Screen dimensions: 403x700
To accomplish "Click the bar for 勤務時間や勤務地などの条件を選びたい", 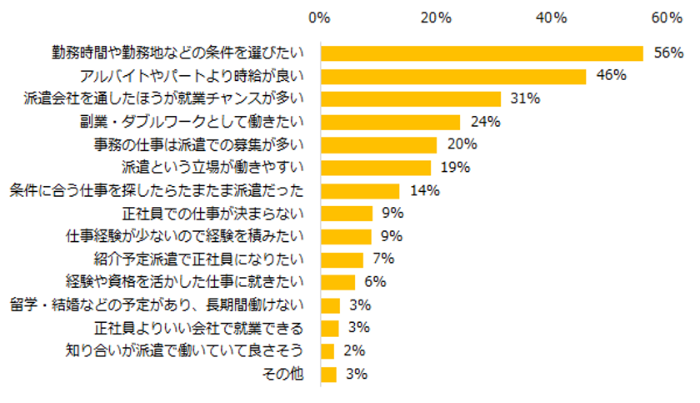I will (482, 53).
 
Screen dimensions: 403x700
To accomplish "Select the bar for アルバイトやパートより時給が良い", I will (452, 76).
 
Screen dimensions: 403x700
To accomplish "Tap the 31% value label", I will (525, 98).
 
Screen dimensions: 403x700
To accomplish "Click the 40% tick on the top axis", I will (552, 18).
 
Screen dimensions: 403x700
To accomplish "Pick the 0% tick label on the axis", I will (319, 18).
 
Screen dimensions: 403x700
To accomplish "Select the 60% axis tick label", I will (667, 18).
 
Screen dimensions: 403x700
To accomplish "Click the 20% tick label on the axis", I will (436, 18).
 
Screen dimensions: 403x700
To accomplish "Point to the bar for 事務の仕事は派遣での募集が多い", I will (378, 144).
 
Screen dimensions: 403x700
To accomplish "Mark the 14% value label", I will (425, 190).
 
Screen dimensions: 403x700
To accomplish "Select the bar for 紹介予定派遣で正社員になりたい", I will (342, 259).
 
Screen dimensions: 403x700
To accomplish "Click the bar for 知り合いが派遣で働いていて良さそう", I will (327, 350).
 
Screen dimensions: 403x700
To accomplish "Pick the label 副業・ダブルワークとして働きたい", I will (193, 122).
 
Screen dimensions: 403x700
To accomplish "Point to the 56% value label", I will (668, 53).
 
